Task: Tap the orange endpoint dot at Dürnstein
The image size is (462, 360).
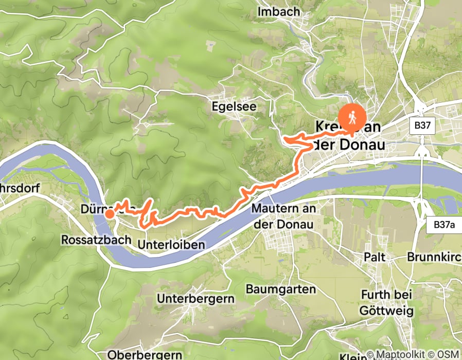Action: coord(110,213)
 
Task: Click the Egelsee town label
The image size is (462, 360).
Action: coord(241,106)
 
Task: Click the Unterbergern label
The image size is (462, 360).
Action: coord(196,298)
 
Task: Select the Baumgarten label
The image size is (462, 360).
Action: coord(281,289)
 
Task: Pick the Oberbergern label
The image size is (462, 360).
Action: coord(145,354)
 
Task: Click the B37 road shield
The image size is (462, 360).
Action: coord(423,125)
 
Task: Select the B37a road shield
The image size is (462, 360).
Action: coord(441,225)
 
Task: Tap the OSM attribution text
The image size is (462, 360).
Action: coord(448,355)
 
